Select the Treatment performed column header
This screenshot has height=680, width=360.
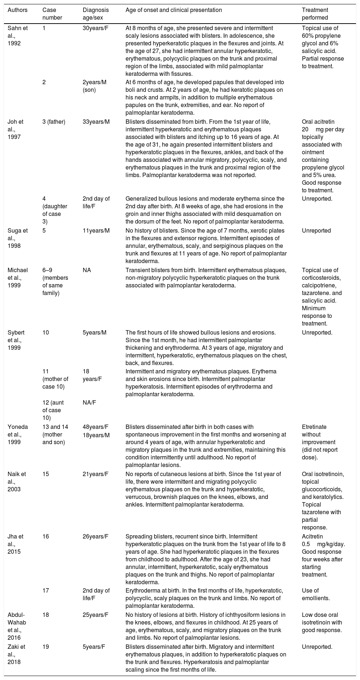pos(315,14)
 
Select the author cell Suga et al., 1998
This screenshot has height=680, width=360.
pos(17,238)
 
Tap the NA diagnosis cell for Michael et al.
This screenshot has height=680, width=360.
pos(86,270)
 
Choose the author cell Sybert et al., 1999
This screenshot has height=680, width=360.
pos(18,340)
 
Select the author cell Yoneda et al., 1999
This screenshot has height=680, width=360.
pos(18,434)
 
